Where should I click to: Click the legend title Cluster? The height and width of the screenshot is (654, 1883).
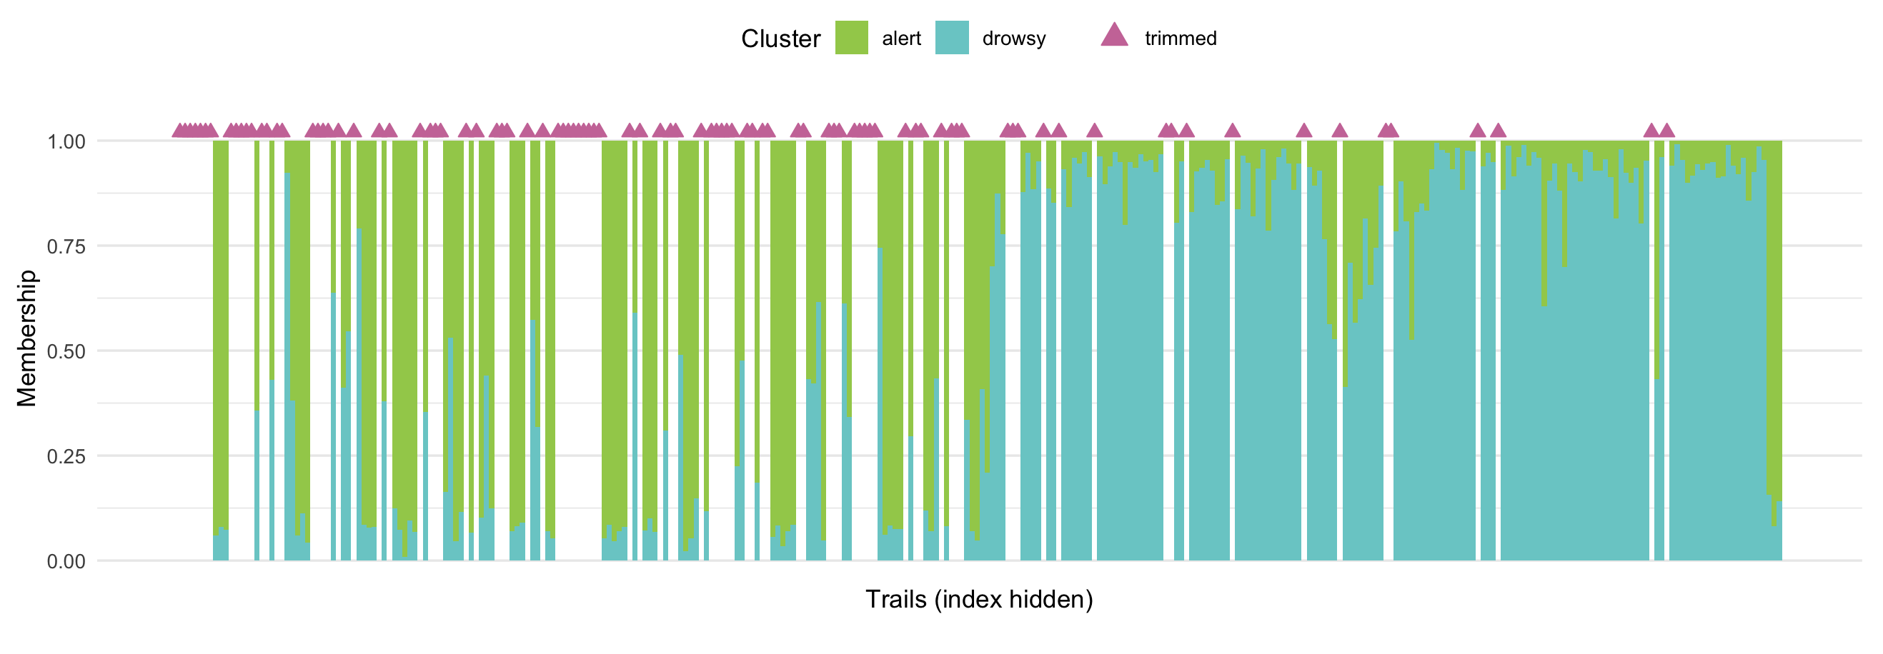780,39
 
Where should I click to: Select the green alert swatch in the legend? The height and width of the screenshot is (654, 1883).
852,38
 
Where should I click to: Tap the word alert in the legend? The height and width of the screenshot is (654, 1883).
900,39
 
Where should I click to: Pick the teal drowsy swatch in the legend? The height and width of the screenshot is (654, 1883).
952,38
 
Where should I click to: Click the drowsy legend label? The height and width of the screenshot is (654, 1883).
1013,39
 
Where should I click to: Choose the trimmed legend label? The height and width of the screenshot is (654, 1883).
1180,39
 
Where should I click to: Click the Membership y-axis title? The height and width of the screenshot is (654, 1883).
26,338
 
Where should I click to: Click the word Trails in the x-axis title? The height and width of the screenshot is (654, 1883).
896,599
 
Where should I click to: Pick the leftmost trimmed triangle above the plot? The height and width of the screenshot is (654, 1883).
179,131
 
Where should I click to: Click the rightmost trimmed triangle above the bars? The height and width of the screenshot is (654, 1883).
1666,131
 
